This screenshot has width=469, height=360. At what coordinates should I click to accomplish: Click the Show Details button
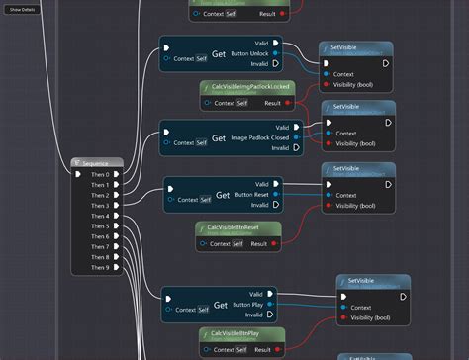click(23, 9)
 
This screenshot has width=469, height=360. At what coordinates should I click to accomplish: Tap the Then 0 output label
click(101, 175)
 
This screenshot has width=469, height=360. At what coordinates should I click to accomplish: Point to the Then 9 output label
click(101, 267)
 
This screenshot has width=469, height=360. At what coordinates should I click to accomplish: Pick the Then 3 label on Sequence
click(101, 206)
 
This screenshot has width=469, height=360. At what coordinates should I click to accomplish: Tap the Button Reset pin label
click(248, 193)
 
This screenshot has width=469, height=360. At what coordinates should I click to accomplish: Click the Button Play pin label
click(250, 304)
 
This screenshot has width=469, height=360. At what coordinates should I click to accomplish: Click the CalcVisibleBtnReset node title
click(239, 227)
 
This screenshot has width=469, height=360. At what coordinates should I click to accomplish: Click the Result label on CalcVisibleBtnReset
click(257, 243)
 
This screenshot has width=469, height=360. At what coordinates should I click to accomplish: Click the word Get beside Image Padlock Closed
click(219, 138)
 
